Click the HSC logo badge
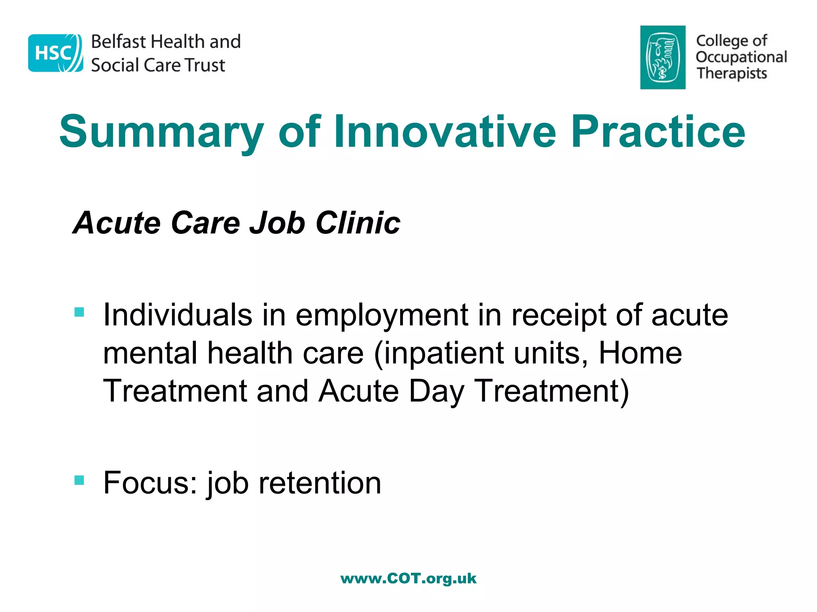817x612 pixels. pyautogui.click(x=55, y=53)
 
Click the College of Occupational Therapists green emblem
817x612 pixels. pyautogui.click(x=663, y=57)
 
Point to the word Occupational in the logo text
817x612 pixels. pyautogui.click(x=741, y=57)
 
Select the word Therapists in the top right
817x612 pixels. pyautogui.click(x=732, y=73)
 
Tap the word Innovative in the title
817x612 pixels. pyautogui.click(x=444, y=131)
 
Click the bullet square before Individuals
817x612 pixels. pyautogui.click(x=79, y=312)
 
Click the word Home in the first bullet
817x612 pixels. pyautogui.click(x=640, y=353)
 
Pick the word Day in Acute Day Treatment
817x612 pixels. pyautogui.click(x=436, y=391)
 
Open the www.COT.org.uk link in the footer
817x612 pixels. pyautogui.click(x=408, y=578)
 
